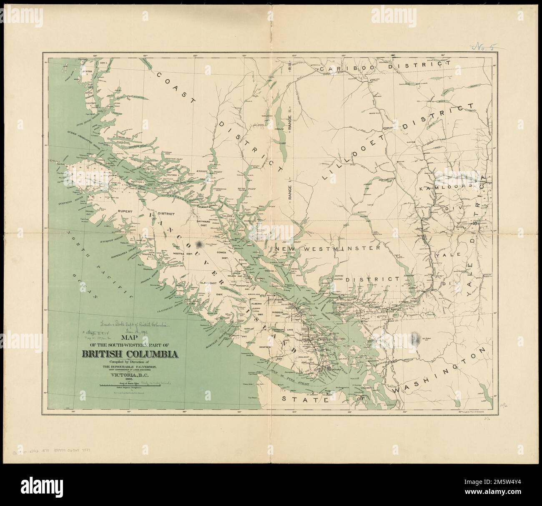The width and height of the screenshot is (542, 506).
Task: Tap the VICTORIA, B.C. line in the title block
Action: tap(131, 374)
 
